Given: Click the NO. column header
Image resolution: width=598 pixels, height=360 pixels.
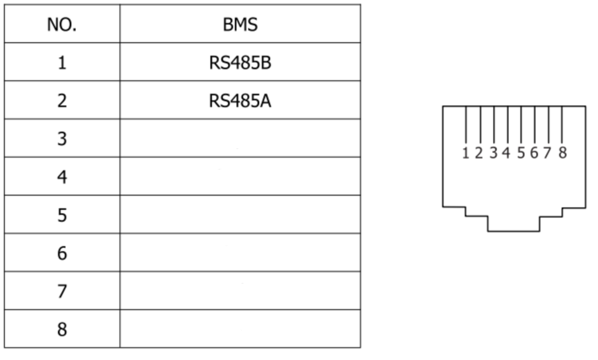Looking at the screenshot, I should point(62,25).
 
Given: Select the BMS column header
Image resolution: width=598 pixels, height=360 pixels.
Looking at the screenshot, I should point(240,25).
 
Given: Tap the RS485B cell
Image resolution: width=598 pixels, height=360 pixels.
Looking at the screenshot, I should point(240,63).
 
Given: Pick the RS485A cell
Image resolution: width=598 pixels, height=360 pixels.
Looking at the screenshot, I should point(240,101).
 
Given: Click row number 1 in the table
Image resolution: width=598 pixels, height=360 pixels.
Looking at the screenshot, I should point(62,63).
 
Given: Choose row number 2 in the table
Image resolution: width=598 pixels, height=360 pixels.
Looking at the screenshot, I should point(62,101).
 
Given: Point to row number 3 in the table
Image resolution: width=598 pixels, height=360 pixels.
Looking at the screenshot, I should point(62,139).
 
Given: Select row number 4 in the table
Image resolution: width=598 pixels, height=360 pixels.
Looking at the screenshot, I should point(62,177).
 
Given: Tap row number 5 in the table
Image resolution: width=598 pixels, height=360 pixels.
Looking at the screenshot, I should point(62,215).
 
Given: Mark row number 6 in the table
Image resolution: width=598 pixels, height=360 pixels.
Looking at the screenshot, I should point(62,253).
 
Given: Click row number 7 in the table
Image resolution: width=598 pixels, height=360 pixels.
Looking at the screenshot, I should point(62,291).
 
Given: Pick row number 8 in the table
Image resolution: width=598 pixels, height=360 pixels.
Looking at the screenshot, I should point(62,329).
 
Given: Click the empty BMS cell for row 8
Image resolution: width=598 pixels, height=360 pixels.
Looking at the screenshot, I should point(240,329).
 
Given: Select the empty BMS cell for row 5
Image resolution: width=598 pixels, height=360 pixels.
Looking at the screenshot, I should point(240,215).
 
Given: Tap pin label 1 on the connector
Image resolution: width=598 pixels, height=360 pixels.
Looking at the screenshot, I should point(465,153).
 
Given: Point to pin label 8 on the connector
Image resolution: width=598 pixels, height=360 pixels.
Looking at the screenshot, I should point(563,153).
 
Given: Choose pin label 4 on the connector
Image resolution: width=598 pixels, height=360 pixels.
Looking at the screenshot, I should point(506,153).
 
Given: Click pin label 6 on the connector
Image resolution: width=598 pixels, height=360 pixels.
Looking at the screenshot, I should point(534,153).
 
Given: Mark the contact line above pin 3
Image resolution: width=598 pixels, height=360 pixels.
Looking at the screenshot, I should point(494,125).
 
